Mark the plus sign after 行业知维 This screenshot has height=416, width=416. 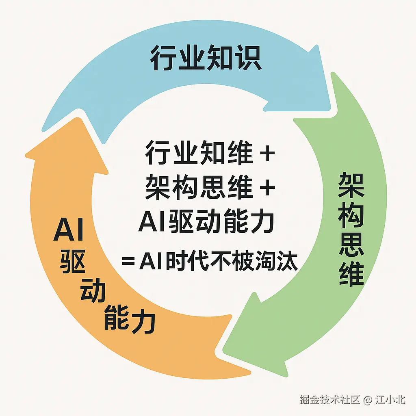tap(267, 155)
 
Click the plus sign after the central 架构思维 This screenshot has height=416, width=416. tap(267, 188)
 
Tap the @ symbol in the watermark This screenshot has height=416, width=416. tap(367, 400)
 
